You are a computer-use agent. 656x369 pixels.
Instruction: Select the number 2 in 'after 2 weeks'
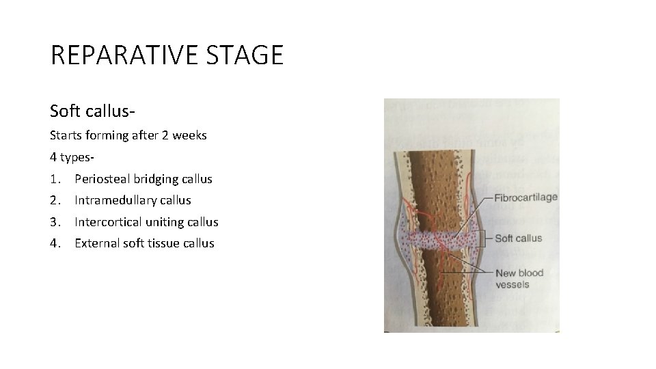pos(165,135)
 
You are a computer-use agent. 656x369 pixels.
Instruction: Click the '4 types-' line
pos(72,157)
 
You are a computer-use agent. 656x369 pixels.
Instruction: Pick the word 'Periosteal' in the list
pos(103,179)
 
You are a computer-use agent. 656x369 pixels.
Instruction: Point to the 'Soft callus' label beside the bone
pos(517,238)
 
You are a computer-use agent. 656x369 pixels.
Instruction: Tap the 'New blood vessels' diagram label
pos(519,279)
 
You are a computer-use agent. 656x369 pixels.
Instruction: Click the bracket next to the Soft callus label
pos(484,238)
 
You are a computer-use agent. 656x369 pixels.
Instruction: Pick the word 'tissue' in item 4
pos(164,243)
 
